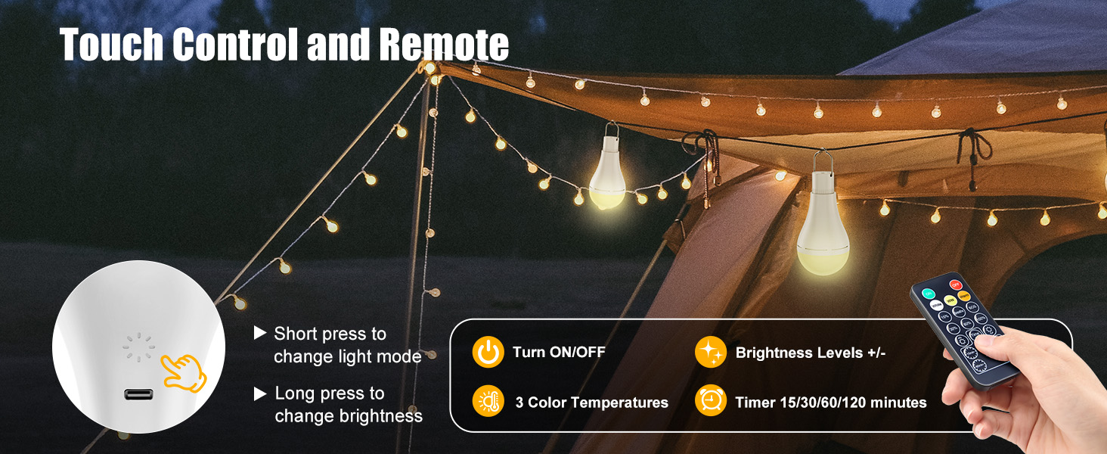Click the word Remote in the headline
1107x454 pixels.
[444, 45]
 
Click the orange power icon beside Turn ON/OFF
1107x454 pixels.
[488, 353]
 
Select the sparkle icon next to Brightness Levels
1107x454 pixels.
[711, 353]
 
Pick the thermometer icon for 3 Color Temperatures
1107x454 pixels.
[488, 401]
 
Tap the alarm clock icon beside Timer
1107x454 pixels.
[711, 401]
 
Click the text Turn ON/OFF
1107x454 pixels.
[559, 353]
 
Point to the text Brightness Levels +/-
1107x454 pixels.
[810, 353]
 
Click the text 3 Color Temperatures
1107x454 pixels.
[591, 403]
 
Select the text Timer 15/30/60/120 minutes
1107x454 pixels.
[831, 403]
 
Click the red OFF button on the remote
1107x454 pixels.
[955, 285]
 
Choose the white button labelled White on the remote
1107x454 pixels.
[936, 305]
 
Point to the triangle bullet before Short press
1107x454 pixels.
[260, 333]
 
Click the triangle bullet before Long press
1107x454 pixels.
[260, 393]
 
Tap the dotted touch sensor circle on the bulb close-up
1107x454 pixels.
[139, 348]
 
